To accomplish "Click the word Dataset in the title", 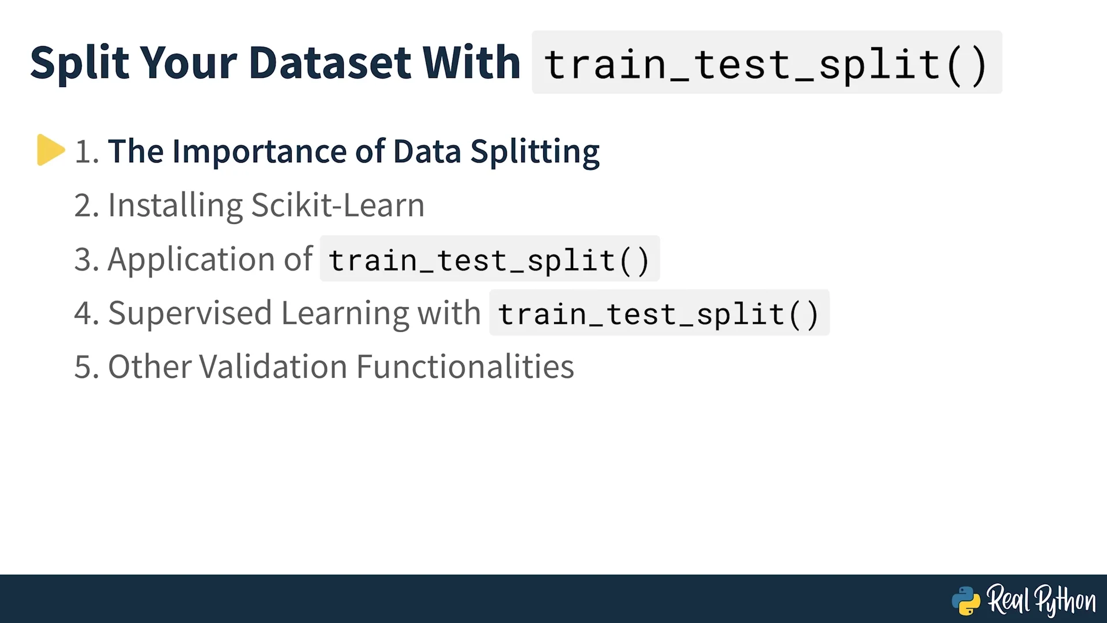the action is [x=330, y=62].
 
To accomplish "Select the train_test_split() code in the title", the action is [x=767, y=63].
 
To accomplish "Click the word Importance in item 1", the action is [x=259, y=152].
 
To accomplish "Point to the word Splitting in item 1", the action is [x=535, y=152].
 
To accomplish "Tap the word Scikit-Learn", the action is [x=338, y=205].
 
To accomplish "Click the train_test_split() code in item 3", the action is [x=490, y=260].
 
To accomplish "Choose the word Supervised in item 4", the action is [x=190, y=314].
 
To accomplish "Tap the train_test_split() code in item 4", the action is [x=659, y=314].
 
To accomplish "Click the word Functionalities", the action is [x=465, y=367].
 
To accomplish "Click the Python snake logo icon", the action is [x=966, y=601].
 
